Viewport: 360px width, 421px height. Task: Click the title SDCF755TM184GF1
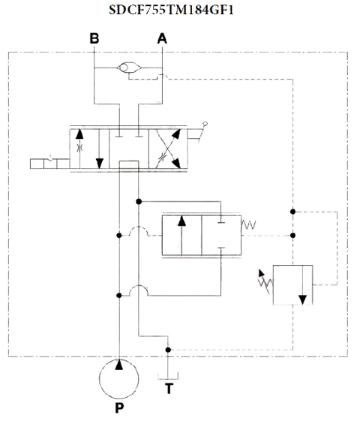pyautogui.click(x=171, y=11)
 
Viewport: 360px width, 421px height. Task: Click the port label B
pyautogui.click(x=94, y=38)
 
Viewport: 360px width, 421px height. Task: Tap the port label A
pyautogui.click(x=162, y=38)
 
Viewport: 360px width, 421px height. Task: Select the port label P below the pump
pyautogui.click(x=119, y=407)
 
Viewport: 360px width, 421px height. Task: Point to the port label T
pyautogui.click(x=169, y=388)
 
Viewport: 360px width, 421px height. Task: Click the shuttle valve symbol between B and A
pyautogui.click(x=129, y=68)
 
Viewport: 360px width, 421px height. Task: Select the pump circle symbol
pyautogui.click(x=119, y=378)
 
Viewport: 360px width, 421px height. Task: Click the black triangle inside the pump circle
pyautogui.click(x=119, y=365)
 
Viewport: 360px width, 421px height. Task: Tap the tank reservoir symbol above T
pyautogui.click(x=168, y=376)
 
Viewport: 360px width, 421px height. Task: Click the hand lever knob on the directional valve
pyautogui.click(x=205, y=124)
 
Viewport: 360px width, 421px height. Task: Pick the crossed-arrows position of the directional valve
pyautogui.click(x=169, y=149)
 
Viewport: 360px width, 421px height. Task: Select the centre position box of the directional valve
pyautogui.click(x=129, y=149)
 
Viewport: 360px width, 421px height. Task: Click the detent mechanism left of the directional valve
pyautogui.click(x=50, y=164)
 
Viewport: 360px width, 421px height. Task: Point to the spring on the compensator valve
pyautogui.click(x=249, y=224)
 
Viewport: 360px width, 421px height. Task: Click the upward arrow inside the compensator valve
pyautogui.click(x=182, y=235)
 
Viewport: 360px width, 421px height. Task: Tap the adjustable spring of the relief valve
pyautogui.click(x=265, y=281)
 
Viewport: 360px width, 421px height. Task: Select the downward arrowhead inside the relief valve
pyautogui.click(x=302, y=299)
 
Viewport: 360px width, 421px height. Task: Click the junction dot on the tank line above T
pyautogui.click(x=168, y=350)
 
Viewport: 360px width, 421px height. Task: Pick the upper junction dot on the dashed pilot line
pyautogui.click(x=293, y=212)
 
